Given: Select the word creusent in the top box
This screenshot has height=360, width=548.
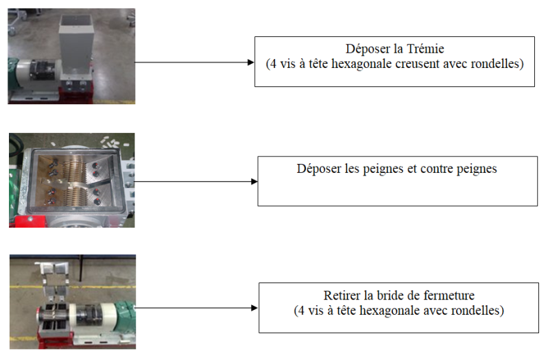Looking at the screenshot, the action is pyautogui.click(x=417, y=64).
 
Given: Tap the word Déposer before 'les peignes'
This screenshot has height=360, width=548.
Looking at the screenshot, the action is pyautogui.click(x=319, y=169).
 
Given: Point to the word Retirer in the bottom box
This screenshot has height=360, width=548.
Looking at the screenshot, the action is pyautogui.click(x=342, y=296).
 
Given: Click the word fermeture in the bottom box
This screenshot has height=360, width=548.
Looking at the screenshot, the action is pyautogui.click(x=449, y=296).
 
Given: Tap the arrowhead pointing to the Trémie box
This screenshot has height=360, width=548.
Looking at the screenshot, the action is pyautogui.click(x=250, y=62).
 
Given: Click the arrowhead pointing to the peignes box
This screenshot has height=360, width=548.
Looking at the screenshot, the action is pyautogui.click(x=254, y=182).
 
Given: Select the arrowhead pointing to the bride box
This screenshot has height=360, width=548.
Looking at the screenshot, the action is pyautogui.click(x=254, y=308).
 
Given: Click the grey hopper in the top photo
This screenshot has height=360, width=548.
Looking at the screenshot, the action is pyautogui.click(x=75, y=42).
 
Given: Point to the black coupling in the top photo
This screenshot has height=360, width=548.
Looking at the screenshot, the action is pyautogui.click(x=41, y=69).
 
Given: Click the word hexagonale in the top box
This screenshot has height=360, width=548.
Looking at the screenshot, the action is pyautogui.click(x=361, y=64).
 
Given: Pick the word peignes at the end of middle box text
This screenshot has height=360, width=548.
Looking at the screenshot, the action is pyautogui.click(x=477, y=169).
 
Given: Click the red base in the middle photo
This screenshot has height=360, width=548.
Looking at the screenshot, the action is pyautogui.click(x=29, y=221).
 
